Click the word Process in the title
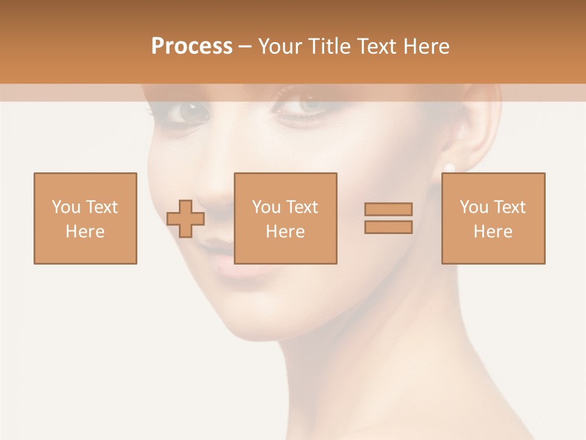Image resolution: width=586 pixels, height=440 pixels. [x=192, y=46]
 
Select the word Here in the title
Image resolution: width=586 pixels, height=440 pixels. [x=425, y=46]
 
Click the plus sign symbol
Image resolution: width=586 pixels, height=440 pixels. [x=186, y=219]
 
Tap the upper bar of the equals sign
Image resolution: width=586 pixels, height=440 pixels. [x=388, y=210]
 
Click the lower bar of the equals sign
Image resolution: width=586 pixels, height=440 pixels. [x=388, y=227]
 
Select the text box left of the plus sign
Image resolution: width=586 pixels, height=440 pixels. [x=85, y=218]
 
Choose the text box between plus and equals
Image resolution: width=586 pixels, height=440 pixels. [x=285, y=218]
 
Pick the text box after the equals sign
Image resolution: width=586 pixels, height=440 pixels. [x=493, y=218]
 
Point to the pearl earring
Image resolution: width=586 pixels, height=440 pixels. [x=449, y=167]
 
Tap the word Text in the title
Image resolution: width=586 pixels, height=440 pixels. [x=377, y=46]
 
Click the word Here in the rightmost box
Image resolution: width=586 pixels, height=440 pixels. [x=493, y=231]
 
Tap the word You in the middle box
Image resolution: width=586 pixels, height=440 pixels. [x=267, y=207]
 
